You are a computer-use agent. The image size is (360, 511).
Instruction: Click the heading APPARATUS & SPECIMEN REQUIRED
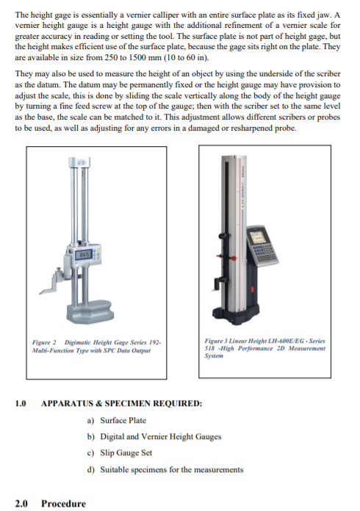tap(121, 403)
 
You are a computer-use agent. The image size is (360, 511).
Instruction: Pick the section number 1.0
tap(21, 403)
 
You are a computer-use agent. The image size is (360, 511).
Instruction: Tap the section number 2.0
tap(21, 503)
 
